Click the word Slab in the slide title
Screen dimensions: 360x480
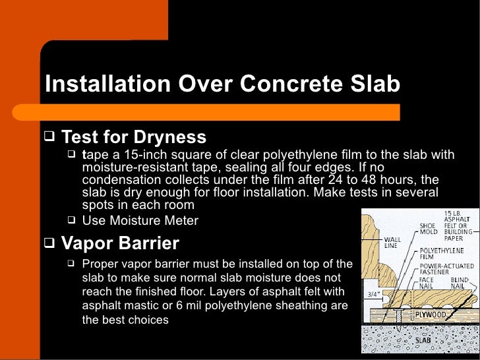376,84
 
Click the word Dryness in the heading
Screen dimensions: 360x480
170,138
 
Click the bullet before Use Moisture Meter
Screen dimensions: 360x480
71,220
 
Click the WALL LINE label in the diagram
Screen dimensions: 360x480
393,243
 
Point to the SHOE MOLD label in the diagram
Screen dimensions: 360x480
429,229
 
